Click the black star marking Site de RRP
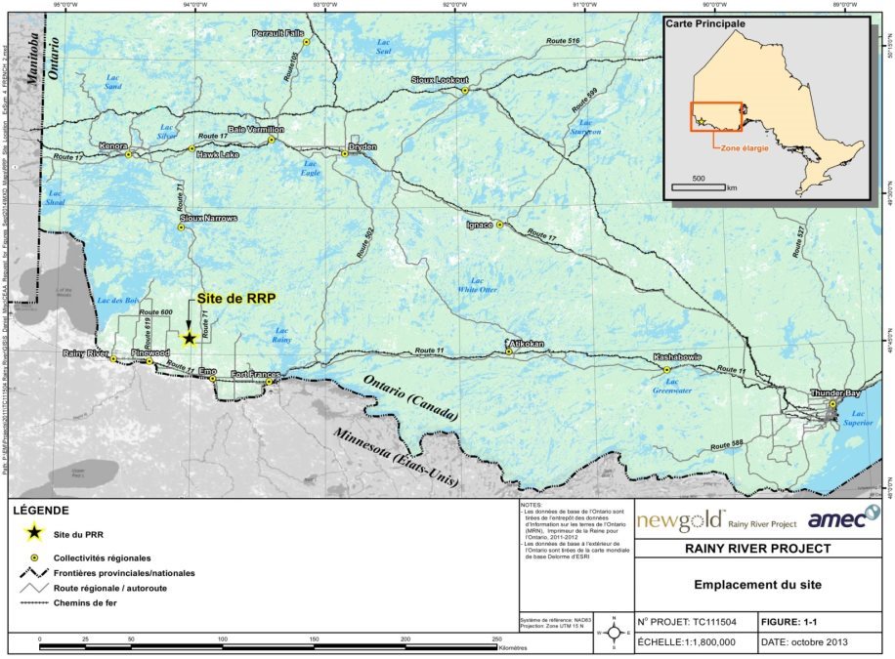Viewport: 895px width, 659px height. point(189,337)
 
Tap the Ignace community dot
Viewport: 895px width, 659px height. point(499,225)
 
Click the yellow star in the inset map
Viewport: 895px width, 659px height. point(701,122)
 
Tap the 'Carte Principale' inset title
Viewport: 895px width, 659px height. point(705,22)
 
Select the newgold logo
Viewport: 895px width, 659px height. point(681,519)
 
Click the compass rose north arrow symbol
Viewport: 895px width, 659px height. point(612,632)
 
